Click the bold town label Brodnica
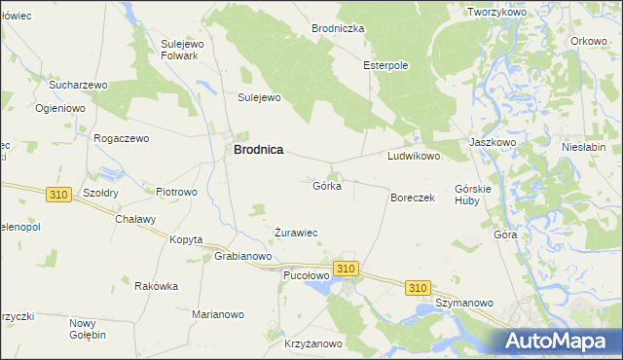(258, 150)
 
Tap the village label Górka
(327, 186)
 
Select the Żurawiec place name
(296, 233)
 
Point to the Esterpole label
(385, 65)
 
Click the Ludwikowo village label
(415, 156)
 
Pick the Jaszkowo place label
(492, 141)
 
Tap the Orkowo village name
(589, 41)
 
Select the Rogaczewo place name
(121, 138)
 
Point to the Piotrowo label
(176, 192)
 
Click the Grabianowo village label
(242, 257)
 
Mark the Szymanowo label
(459, 304)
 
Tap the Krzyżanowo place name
(313, 343)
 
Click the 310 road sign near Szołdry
(57, 195)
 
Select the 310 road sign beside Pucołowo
(346, 268)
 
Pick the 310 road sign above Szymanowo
(419, 288)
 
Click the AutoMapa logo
(562, 342)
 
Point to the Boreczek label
(412, 198)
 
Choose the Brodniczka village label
(338, 29)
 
